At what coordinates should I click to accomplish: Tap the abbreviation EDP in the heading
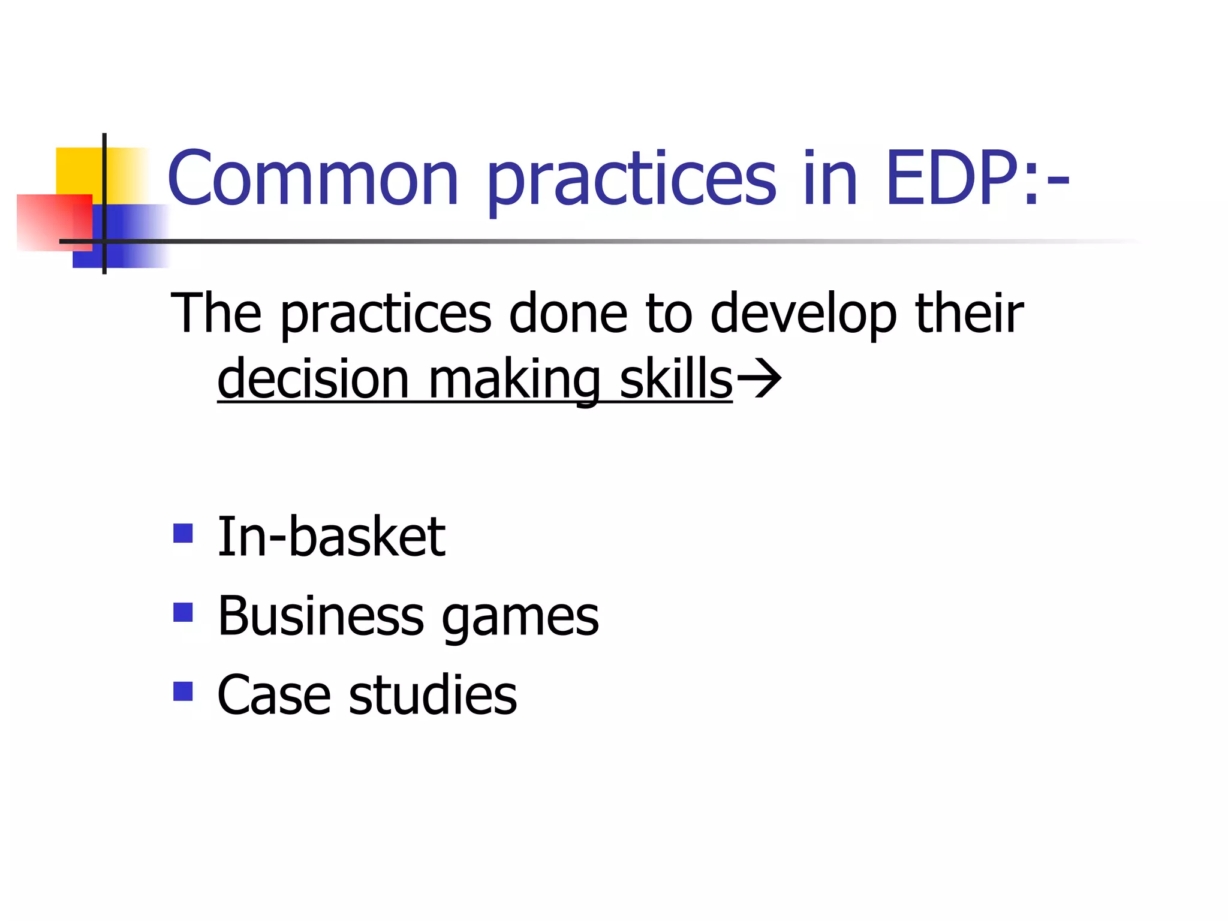click(x=953, y=179)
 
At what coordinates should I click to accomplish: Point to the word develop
click(x=803, y=314)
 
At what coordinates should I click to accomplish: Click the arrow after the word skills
click(x=759, y=379)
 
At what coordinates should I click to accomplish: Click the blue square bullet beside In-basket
click(x=183, y=533)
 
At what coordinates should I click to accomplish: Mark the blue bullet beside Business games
click(x=183, y=612)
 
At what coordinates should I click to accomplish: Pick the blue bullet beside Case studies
click(x=183, y=691)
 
